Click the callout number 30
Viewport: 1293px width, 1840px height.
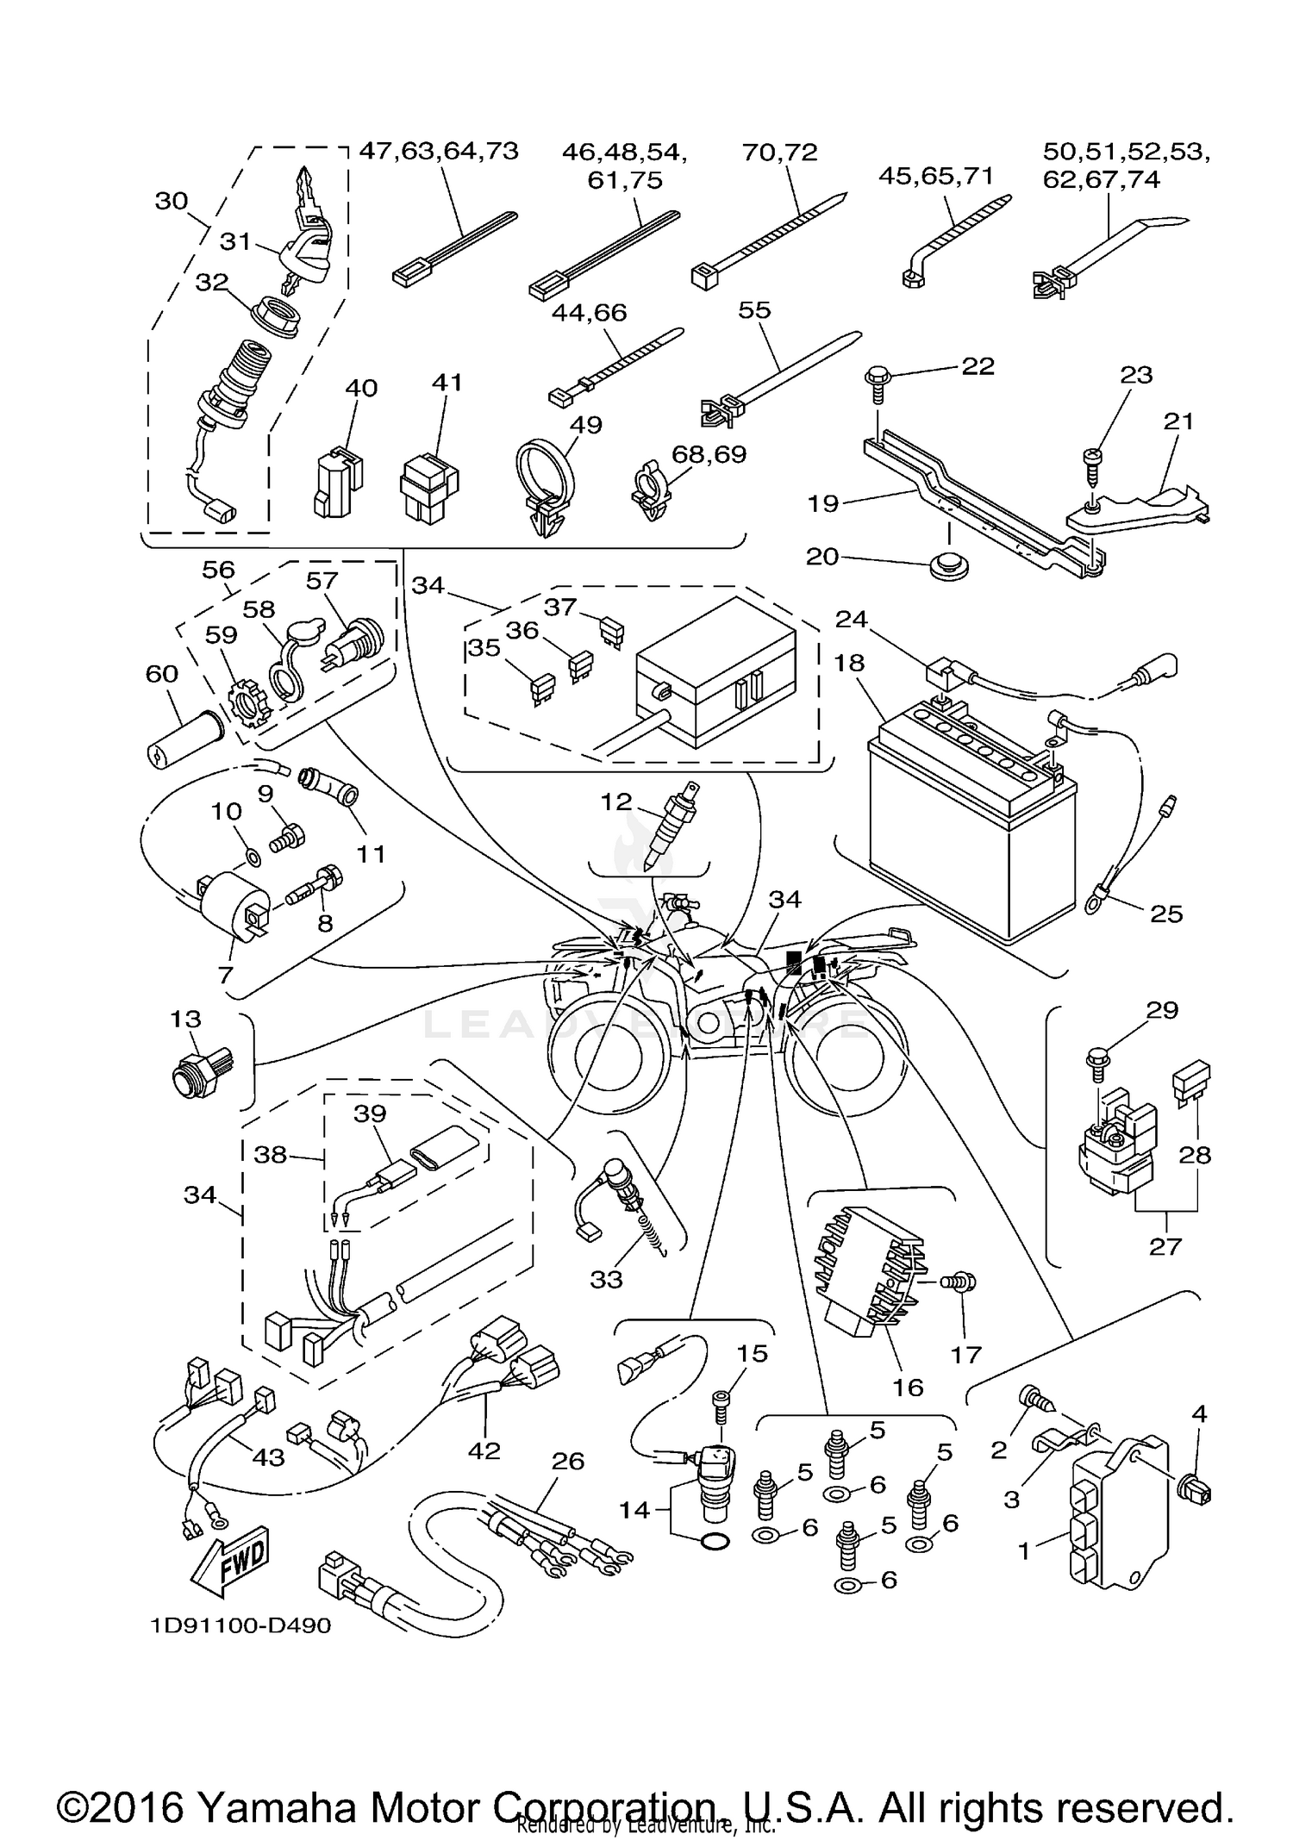pos(172,201)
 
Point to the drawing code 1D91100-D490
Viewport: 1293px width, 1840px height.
pos(240,1626)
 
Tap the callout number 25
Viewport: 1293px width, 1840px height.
pos(1166,914)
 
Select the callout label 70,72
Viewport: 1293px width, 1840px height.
pos(779,153)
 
